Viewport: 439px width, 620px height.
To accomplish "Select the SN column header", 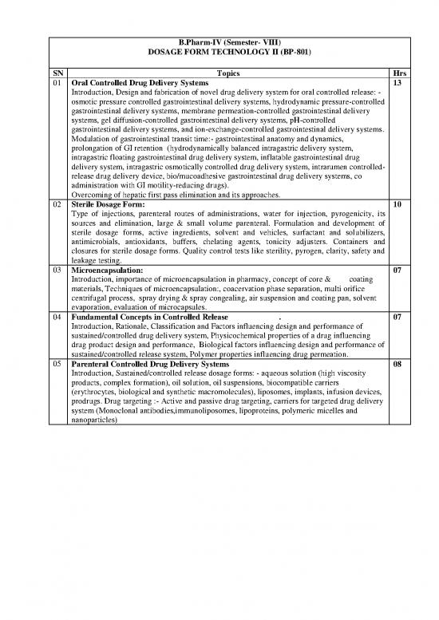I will pos(57,71).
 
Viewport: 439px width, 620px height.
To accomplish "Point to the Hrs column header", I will pos(390,71).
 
